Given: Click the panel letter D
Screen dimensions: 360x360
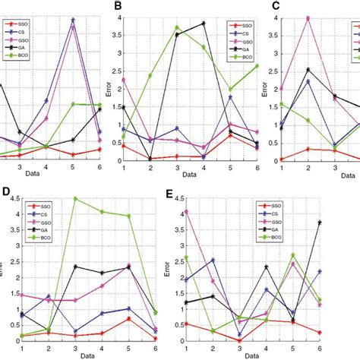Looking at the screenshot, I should click(7, 187).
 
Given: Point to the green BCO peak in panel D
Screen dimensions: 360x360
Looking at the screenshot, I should click(74, 198).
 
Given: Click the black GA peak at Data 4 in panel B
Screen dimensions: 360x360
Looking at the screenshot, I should click(204, 24).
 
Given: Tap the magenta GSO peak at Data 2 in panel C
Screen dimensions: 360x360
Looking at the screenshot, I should click(308, 18).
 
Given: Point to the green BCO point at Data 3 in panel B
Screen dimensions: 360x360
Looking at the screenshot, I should click(177, 27).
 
